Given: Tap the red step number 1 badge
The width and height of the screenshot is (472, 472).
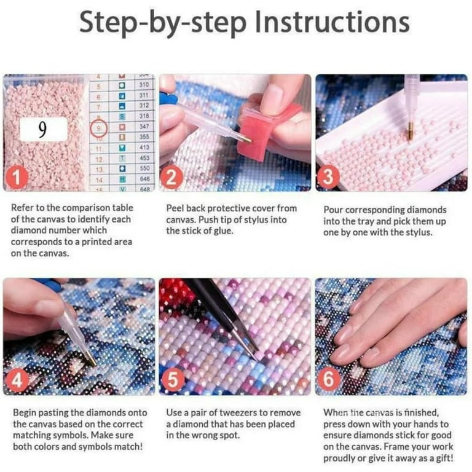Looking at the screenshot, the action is pos(17,177).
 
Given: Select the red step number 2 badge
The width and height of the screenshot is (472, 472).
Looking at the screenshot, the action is pos(171,178).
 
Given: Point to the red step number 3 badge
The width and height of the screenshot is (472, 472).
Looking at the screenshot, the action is pos(328,177).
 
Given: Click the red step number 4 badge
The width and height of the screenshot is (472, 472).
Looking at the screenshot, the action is pos(17,381).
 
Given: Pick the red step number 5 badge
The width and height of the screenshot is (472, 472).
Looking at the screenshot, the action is pos(172,380).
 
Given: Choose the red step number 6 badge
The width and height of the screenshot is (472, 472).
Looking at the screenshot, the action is pos(328,379).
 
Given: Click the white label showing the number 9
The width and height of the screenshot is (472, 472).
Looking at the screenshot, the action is pos(44,129).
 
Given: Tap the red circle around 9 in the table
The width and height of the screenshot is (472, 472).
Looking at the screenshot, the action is pos(99,128).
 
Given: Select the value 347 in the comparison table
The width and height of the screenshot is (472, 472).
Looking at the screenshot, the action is pos(144,127).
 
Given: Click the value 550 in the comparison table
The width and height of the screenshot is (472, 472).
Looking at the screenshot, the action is pos(144,168).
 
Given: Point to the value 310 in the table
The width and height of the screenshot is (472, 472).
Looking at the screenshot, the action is pos(144,85).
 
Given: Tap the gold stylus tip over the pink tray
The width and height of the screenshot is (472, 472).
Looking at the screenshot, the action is pos(410,133).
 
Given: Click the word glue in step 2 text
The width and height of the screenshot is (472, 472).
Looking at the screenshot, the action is pos(223,231).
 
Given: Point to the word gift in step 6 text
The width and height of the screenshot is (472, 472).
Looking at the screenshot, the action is pos(444,458).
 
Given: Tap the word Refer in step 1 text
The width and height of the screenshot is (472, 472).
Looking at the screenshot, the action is pos(22,208).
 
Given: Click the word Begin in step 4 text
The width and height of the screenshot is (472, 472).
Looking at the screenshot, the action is pos(25,413).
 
